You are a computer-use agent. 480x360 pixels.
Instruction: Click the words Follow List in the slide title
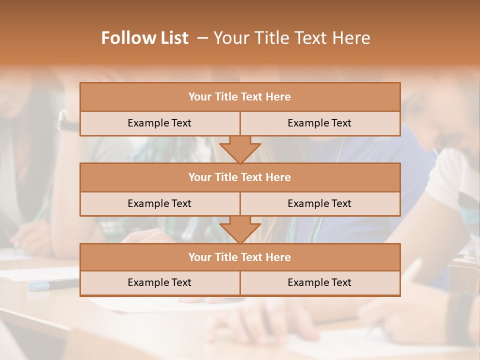(x=144, y=38)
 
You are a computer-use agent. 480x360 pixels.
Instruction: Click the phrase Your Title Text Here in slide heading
(x=291, y=38)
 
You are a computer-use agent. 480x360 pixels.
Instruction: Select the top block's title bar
(x=239, y=96)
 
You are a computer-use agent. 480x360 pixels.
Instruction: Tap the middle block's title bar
(x=239, y=177)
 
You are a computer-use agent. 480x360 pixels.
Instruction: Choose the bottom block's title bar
(x=239, y=257)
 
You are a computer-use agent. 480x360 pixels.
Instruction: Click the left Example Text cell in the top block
(x=159, y=123)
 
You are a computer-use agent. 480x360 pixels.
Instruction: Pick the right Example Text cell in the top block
(x=319, y=123)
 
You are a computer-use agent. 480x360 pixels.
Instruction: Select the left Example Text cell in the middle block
(x=159, y=203)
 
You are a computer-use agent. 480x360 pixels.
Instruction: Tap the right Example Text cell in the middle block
(x=319, y=203)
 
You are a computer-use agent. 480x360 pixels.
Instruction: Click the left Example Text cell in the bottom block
(x=159, y=282)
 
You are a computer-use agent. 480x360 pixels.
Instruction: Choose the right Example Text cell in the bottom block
(x=319, y=282)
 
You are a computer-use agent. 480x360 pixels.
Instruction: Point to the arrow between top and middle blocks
(x=240, y=149)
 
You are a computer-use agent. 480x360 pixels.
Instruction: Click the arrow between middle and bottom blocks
(x=240, y=229)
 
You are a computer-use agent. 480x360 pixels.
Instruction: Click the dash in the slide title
(x=202, y=38)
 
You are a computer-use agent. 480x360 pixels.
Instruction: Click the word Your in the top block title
(x=199, y=96)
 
